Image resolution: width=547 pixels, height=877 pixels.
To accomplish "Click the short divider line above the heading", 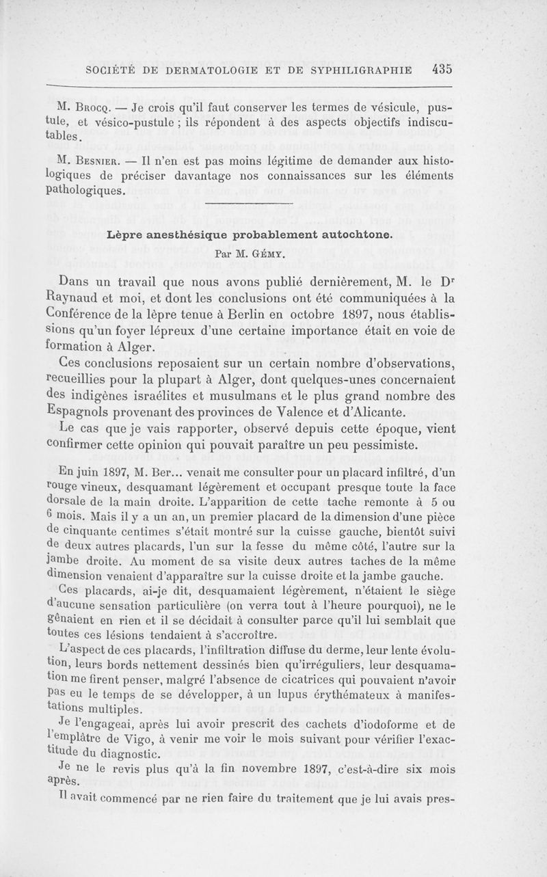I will [x=248, y=204].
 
